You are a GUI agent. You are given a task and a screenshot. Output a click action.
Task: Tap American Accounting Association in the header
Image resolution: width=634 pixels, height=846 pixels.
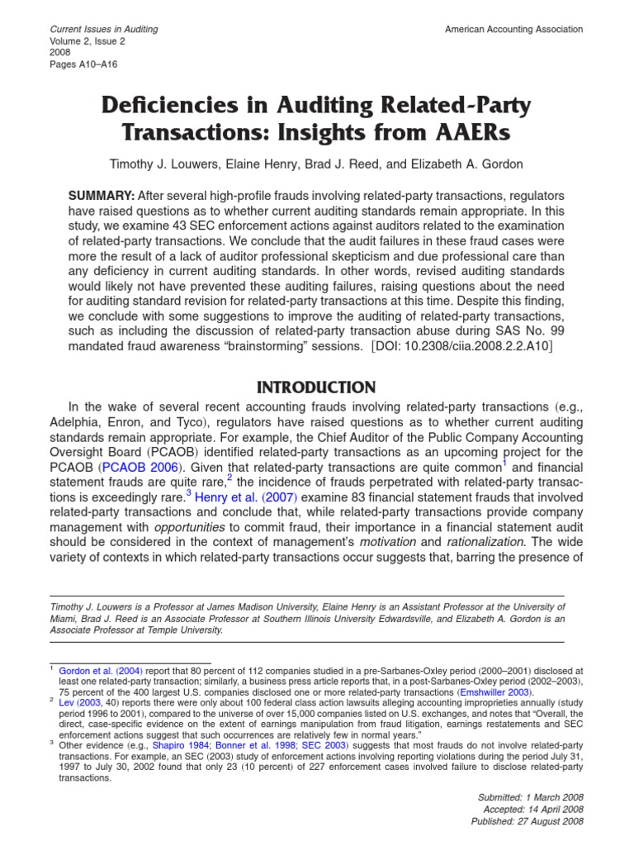pos(513,29)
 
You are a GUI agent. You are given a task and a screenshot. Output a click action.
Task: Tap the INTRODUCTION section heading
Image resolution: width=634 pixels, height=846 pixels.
pos(317,387)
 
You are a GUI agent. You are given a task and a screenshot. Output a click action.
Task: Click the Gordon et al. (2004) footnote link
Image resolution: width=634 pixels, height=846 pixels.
pos(93,671)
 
